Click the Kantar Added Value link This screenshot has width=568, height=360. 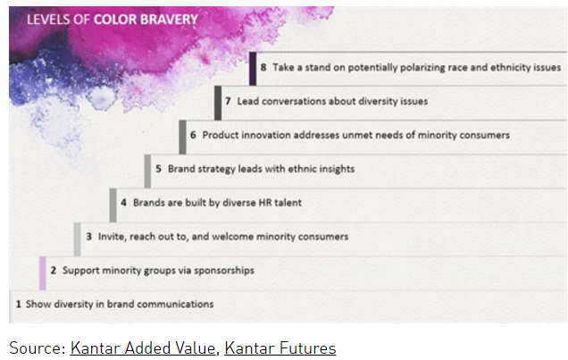142,347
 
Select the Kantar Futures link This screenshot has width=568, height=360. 280,347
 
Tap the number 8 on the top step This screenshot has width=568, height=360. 263,67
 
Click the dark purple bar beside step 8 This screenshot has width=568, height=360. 253,68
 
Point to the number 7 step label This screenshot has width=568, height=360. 229,102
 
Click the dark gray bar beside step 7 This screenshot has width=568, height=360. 218,102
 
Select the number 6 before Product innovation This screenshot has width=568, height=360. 193,136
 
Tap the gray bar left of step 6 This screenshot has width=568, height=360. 182,136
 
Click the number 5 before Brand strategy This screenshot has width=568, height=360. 158,169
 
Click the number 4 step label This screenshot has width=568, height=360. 123,203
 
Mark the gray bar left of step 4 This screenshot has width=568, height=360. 113,204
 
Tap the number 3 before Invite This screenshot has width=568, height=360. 88,237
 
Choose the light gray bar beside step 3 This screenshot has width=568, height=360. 78,238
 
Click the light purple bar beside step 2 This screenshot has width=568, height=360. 43,272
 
